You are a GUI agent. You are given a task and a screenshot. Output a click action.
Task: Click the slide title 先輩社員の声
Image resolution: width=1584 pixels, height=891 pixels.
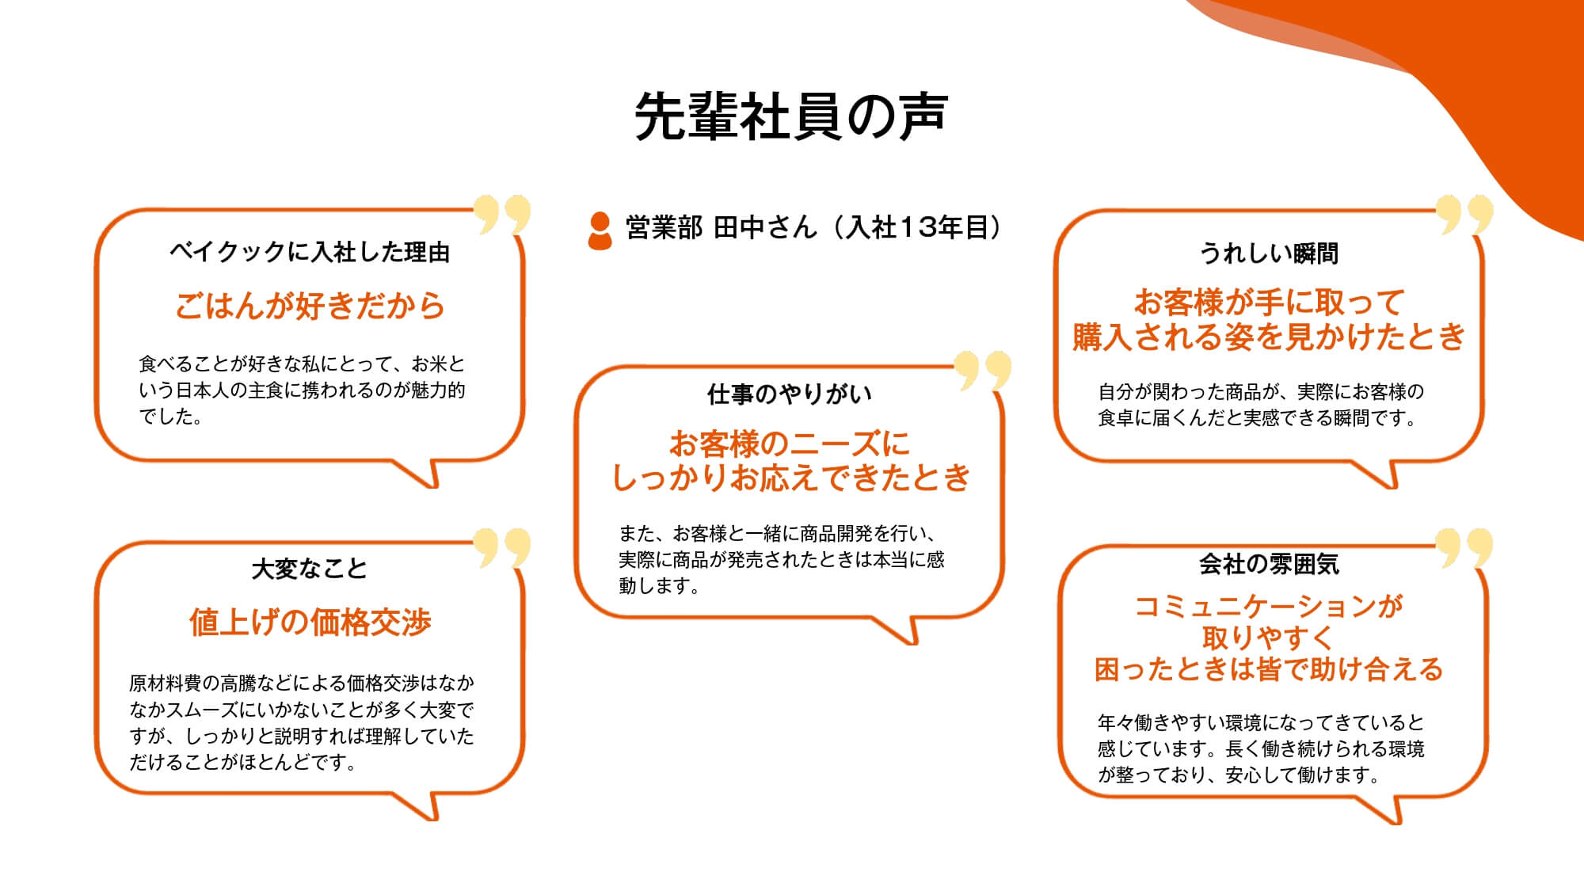[791, 116]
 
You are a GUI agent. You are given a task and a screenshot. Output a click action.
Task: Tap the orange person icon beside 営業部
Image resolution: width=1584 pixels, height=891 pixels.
[600, 230]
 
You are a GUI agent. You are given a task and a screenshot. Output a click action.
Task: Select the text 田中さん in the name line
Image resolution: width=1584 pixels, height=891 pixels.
[764, 228]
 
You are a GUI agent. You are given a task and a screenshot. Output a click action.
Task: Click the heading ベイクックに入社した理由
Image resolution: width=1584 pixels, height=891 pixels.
[310, 252]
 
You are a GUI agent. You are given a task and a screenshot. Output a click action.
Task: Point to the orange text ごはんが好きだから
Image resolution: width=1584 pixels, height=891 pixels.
[310, 306]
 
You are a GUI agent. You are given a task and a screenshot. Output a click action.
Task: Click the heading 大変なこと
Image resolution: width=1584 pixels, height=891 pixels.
[310, 569]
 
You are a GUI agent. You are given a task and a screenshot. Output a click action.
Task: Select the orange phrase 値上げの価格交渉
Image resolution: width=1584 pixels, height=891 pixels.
[310, 623]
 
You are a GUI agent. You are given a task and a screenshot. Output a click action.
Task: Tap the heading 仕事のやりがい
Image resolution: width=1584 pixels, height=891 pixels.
[790, 394]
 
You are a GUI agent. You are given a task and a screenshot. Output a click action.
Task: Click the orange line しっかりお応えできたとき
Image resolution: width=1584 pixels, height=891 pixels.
[791, 478]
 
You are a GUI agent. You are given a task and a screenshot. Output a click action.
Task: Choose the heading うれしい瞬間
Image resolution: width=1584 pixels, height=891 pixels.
[1269, 253]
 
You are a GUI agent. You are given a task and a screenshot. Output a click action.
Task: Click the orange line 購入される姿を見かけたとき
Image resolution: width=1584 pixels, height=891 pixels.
[1269, 337]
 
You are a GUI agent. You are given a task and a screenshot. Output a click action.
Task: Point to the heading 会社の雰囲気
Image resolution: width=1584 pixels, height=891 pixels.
[1269, 564]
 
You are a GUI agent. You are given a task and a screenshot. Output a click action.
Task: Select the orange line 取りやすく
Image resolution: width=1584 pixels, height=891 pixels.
[1269, 638]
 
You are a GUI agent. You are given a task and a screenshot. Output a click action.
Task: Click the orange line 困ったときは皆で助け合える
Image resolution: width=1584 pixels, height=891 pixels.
[1269, 669]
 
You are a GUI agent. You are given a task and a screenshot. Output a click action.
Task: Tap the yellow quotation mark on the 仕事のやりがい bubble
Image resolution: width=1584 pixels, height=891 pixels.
[983, 371]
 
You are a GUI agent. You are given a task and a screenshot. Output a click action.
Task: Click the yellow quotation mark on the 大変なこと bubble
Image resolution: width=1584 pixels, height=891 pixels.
[502, 547]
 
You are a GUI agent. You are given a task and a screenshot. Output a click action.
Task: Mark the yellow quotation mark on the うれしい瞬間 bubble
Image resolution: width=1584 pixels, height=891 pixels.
[1464, 215]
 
